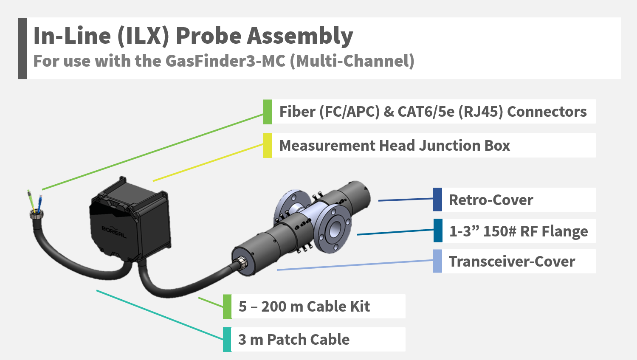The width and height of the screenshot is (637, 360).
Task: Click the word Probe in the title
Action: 209,36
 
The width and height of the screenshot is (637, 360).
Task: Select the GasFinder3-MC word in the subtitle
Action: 225,61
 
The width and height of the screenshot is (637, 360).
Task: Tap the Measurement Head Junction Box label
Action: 395,146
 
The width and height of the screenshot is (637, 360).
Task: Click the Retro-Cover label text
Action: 491,200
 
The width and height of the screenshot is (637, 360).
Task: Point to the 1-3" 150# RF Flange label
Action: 519,231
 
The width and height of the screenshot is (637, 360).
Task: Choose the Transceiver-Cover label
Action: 512,262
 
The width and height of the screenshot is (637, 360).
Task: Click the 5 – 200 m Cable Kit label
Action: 304,307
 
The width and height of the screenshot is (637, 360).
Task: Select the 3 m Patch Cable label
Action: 294,340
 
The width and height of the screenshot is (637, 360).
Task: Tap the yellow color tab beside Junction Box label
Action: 268,146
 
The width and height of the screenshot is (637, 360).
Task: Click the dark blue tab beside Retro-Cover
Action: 437,200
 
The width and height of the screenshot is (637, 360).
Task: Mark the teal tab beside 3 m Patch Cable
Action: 227,340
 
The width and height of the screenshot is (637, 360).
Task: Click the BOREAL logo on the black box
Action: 114,232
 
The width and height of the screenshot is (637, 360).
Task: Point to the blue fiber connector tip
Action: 40,198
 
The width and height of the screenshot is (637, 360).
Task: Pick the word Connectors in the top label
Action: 547,112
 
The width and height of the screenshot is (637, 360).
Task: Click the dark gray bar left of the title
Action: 23,48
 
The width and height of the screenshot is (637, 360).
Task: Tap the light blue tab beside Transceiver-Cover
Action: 437,261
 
